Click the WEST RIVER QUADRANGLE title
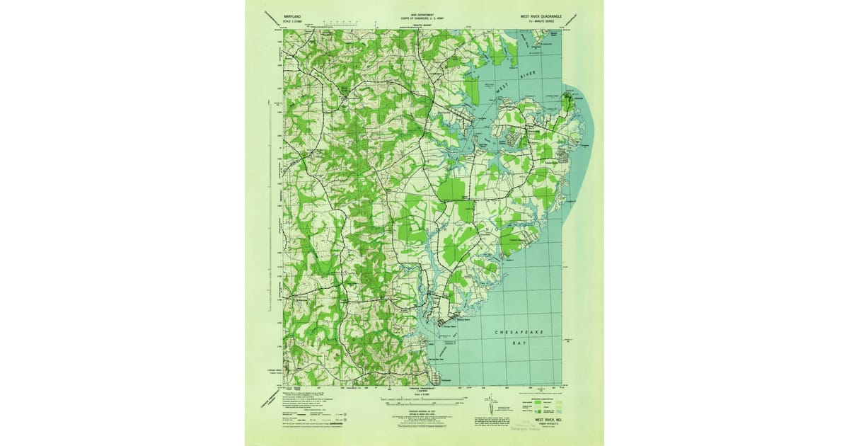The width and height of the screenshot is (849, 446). tap(542, 13)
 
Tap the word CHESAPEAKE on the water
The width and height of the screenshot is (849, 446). tap(515, 331)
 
